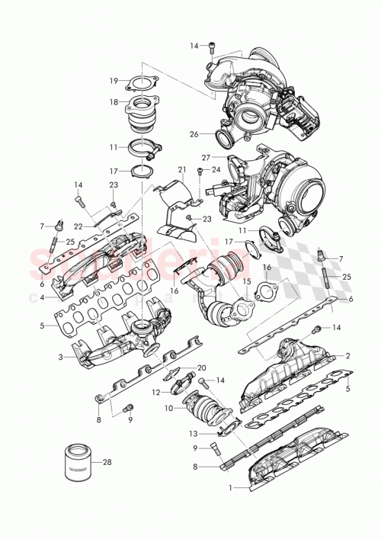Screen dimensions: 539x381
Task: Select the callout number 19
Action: [x=113, y=81]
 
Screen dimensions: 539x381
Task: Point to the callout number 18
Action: [x=113, y=101]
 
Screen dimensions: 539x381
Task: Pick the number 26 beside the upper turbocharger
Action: [x=194, y=134]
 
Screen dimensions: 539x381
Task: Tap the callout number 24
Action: [x=216, y=169]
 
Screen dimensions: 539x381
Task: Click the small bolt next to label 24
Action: [x=200, y=170]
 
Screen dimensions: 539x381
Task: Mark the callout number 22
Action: [x=78, y=226]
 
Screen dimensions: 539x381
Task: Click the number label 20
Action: [x=202, y=367]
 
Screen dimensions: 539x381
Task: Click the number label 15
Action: [x=246, y=281]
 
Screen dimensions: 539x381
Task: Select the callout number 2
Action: [x=348, y=355]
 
